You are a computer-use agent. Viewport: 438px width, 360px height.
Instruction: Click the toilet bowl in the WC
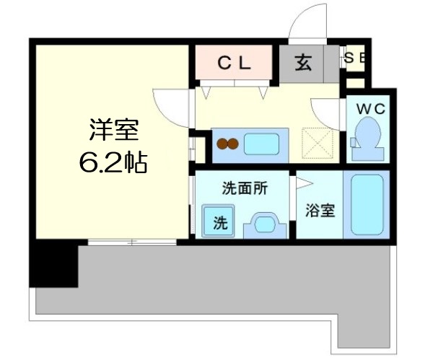point(369,138)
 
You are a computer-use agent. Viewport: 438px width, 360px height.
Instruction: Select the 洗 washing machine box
point(219,222)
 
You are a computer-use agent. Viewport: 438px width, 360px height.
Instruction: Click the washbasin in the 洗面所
point(264,224)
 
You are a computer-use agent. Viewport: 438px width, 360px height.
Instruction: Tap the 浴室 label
point(320,211)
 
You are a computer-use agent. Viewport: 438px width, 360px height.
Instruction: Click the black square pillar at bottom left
point(53,265)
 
